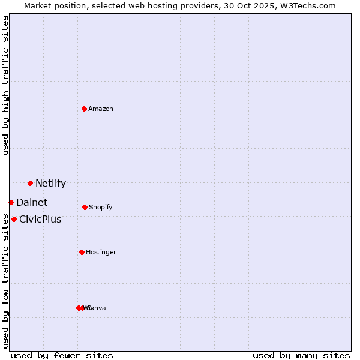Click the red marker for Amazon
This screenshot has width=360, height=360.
click(84, 109)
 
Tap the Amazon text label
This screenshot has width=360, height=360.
click(101, 109)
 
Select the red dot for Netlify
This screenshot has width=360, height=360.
click(30, 183)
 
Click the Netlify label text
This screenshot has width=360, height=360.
click(50, 184)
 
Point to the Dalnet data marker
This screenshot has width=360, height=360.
click(11, 202)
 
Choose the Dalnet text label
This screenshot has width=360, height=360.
click(32, 203)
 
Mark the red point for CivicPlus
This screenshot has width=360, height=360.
click(14, 219)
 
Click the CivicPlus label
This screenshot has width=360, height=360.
click(40, 220)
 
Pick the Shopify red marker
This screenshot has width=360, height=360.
click(85, 207)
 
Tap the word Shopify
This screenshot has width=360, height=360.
click(101, 208)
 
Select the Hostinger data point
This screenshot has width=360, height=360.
click(82, 252)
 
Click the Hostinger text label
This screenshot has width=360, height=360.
click(101, 253)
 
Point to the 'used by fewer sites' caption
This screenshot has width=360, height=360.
click(62, 356)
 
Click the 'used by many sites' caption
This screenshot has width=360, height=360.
click(301, 356)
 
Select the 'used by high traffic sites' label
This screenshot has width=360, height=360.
click(5, 85)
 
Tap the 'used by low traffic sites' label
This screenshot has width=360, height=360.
click(5, 281)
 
